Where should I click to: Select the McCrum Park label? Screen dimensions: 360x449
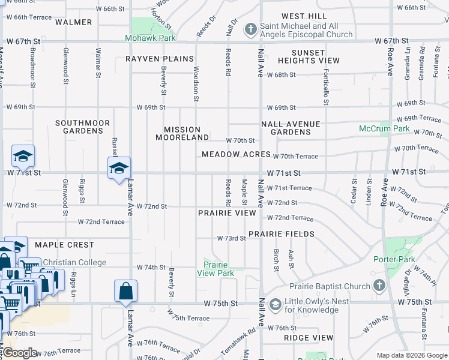coord(384,129)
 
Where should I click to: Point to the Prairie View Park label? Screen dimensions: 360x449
coord(215,269)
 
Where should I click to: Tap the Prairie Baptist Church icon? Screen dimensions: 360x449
coord(379,286)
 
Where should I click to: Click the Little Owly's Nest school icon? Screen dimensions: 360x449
coord(274,305)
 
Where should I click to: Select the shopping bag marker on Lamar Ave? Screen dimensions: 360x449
coord(125,291)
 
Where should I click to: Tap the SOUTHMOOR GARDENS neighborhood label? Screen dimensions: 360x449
coord(83,127)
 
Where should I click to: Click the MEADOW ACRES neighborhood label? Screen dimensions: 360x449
coord(236,154)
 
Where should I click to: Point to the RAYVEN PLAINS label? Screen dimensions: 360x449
coord(160,59)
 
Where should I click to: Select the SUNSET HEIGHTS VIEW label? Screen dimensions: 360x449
coord(308,56)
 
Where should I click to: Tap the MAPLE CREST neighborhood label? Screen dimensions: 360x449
coord(64,245)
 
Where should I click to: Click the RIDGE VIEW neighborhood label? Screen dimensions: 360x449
coord(309,338)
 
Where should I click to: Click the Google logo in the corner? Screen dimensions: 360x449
coord(21,353)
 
